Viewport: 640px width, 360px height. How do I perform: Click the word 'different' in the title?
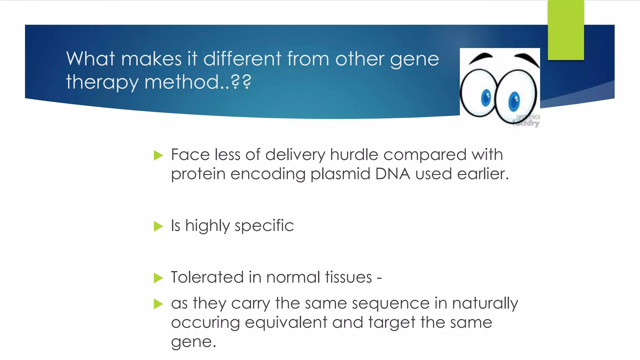point(242,59)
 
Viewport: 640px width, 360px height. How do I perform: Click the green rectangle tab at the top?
point(566,30)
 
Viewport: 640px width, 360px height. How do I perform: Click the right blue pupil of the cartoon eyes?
point(514,102)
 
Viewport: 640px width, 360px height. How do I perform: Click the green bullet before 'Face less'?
point(158,155)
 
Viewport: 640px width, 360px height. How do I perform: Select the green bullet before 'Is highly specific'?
point(158,226)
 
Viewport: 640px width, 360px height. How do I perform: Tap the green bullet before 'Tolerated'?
point(158,278)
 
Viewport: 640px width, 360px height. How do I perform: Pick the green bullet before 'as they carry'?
point(158,304)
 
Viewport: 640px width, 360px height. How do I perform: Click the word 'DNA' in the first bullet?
point(392,174)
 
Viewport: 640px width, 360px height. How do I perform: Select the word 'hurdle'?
point(354,155)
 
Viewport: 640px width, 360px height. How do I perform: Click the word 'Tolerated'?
point(207,277)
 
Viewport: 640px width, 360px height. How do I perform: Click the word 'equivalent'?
point(286,322)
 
